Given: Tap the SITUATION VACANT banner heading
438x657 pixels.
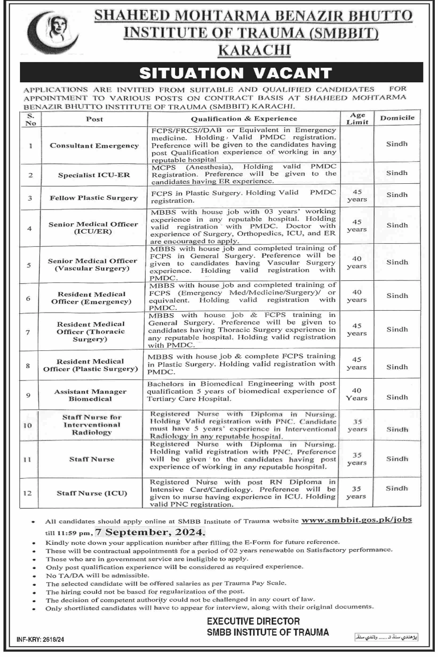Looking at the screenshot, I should click(x=236, y=73).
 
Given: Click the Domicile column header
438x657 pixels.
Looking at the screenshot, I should click(x=397, y=118).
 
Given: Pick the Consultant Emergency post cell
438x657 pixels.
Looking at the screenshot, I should click(x=94, y=146).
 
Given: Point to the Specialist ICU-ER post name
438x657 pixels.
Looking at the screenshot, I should click(x=94, y=175).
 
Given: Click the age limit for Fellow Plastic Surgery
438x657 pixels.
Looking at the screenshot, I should click(x=357, y=196).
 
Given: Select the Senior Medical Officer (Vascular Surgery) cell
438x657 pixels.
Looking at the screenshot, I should click(x=92, y=265).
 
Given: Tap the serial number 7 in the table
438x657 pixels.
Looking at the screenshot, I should click(x=28, y=332).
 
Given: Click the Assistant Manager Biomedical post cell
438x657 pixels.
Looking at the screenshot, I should click(x=90, y=395).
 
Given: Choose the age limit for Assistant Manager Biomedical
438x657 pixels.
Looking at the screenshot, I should click(x=357, y=394).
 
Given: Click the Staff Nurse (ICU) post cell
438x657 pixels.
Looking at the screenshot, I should click(x=92, y=493).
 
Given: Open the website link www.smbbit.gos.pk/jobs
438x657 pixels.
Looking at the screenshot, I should click(x=357, y=520).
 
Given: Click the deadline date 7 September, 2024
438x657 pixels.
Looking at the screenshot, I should click(x=150, y=532).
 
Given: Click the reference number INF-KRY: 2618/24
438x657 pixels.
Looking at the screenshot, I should click(x=40, y=640).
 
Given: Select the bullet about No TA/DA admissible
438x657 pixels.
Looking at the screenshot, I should click(x=97, y=575).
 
